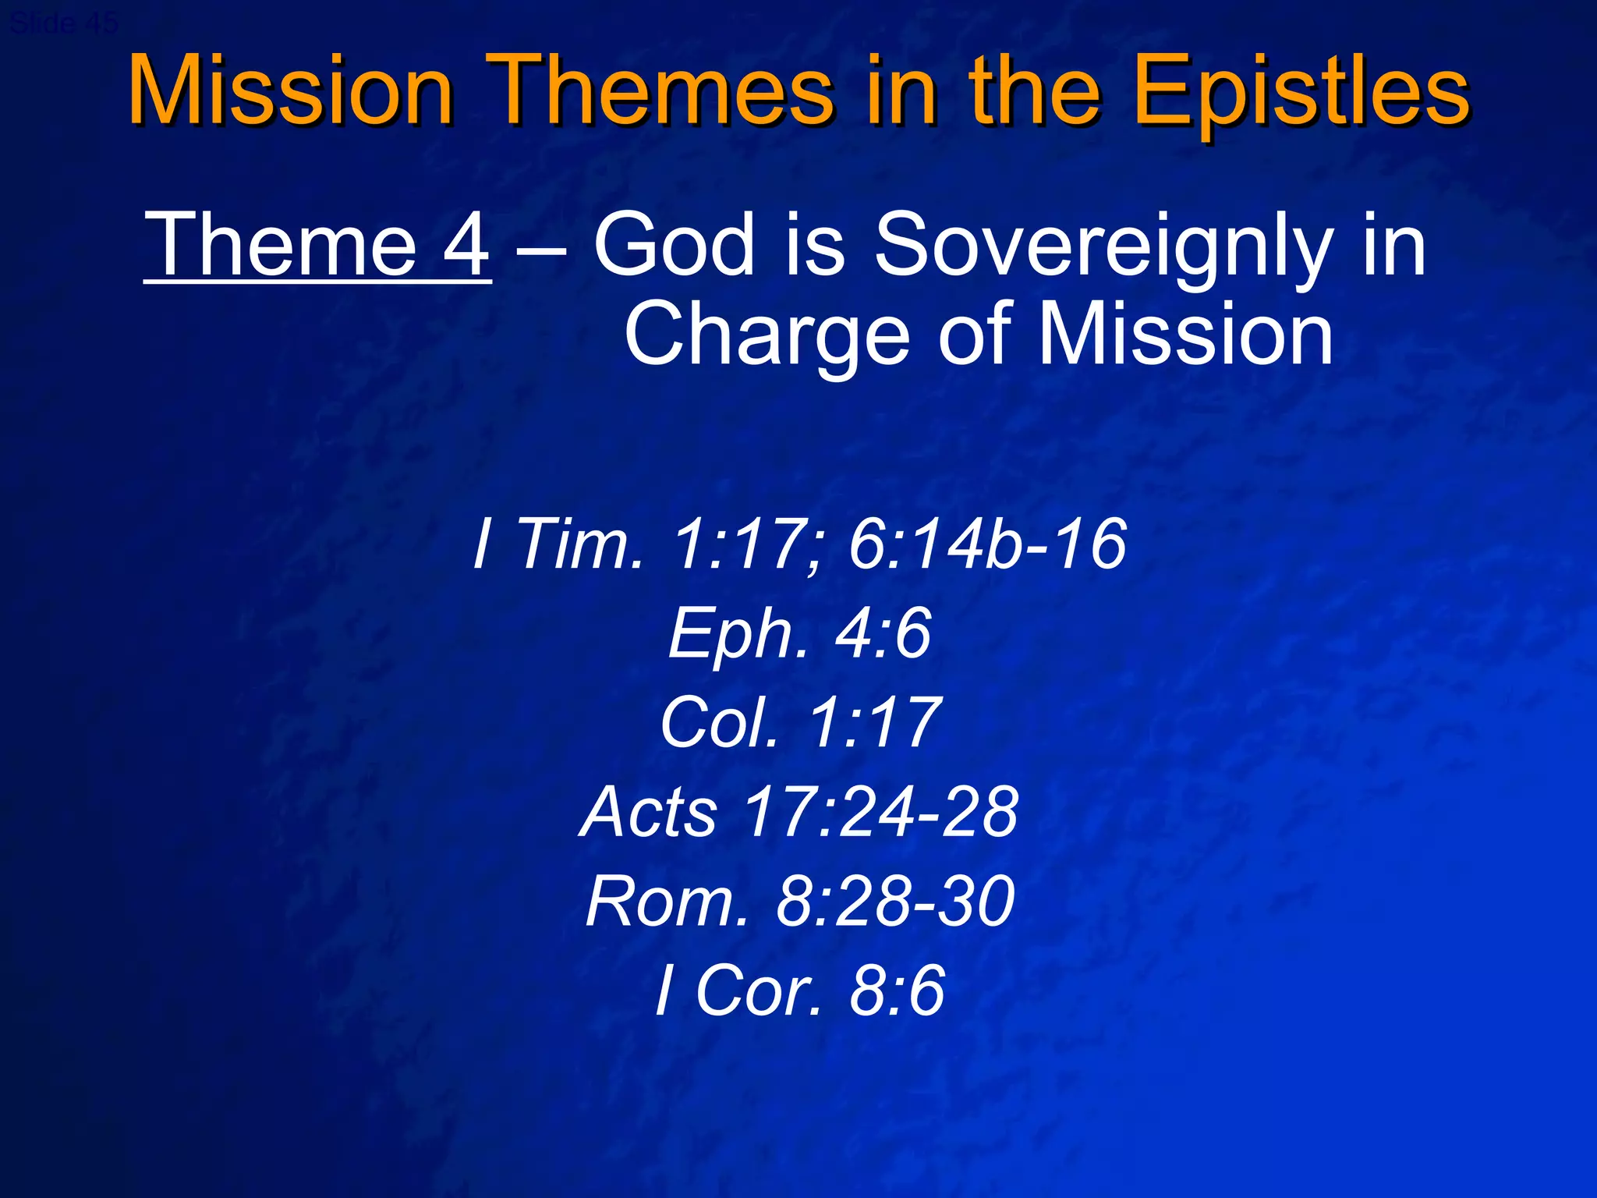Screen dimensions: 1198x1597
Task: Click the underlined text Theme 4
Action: pyautogui.click(x=317, y=246)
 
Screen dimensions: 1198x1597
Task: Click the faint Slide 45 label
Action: pyautogui.click(x=64, y=23)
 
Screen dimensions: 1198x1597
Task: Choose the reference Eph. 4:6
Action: pyautogui.click(x=799, y=633)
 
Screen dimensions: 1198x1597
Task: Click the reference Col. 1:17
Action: pyautogui.click(x=799, y=723)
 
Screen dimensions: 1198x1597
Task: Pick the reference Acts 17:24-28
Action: pyautogui.click(x=799, y=812)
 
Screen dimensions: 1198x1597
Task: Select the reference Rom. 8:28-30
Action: pyautogui.click(x=799, y=902)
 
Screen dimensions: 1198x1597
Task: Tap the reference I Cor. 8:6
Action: pyautogui.click(x=799, y=991)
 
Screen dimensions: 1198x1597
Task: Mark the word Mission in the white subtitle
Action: pyautogui.click(x=1185, y=335)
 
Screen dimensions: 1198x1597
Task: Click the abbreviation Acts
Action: pyautogui.click(x=649, y=812)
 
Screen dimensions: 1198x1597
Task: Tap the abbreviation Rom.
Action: pyautogui.click(x=667, y=902)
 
